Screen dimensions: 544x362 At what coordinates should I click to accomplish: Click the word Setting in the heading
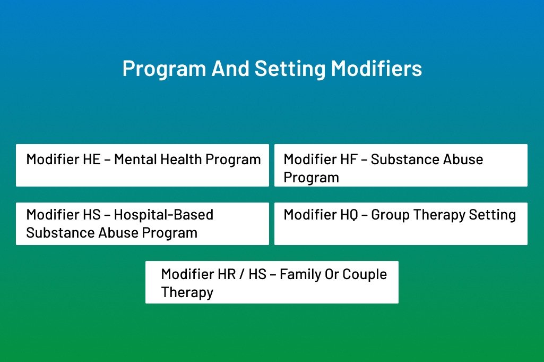point(290,69)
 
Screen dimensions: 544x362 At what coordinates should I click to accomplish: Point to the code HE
point(92,159)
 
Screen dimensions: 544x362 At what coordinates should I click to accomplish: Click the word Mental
point(135,159)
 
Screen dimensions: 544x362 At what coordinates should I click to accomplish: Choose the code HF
point(349,159)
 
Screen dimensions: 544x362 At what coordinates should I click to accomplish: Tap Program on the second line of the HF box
point(311,178)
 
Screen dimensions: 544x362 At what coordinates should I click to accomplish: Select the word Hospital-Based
point(163,215)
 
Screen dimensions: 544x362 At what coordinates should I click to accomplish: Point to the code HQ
point(349,215)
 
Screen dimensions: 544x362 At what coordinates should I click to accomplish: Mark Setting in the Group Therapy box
point(493,215)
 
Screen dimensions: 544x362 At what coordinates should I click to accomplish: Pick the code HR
point(227,274)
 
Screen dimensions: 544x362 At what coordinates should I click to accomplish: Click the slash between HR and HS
point(242,274)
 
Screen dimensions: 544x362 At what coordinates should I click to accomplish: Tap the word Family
point(300,274)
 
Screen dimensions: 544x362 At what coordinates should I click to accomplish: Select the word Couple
point(365,274)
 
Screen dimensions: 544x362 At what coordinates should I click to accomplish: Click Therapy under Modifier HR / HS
point(187,292)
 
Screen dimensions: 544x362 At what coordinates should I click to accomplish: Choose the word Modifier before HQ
point(310,215)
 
